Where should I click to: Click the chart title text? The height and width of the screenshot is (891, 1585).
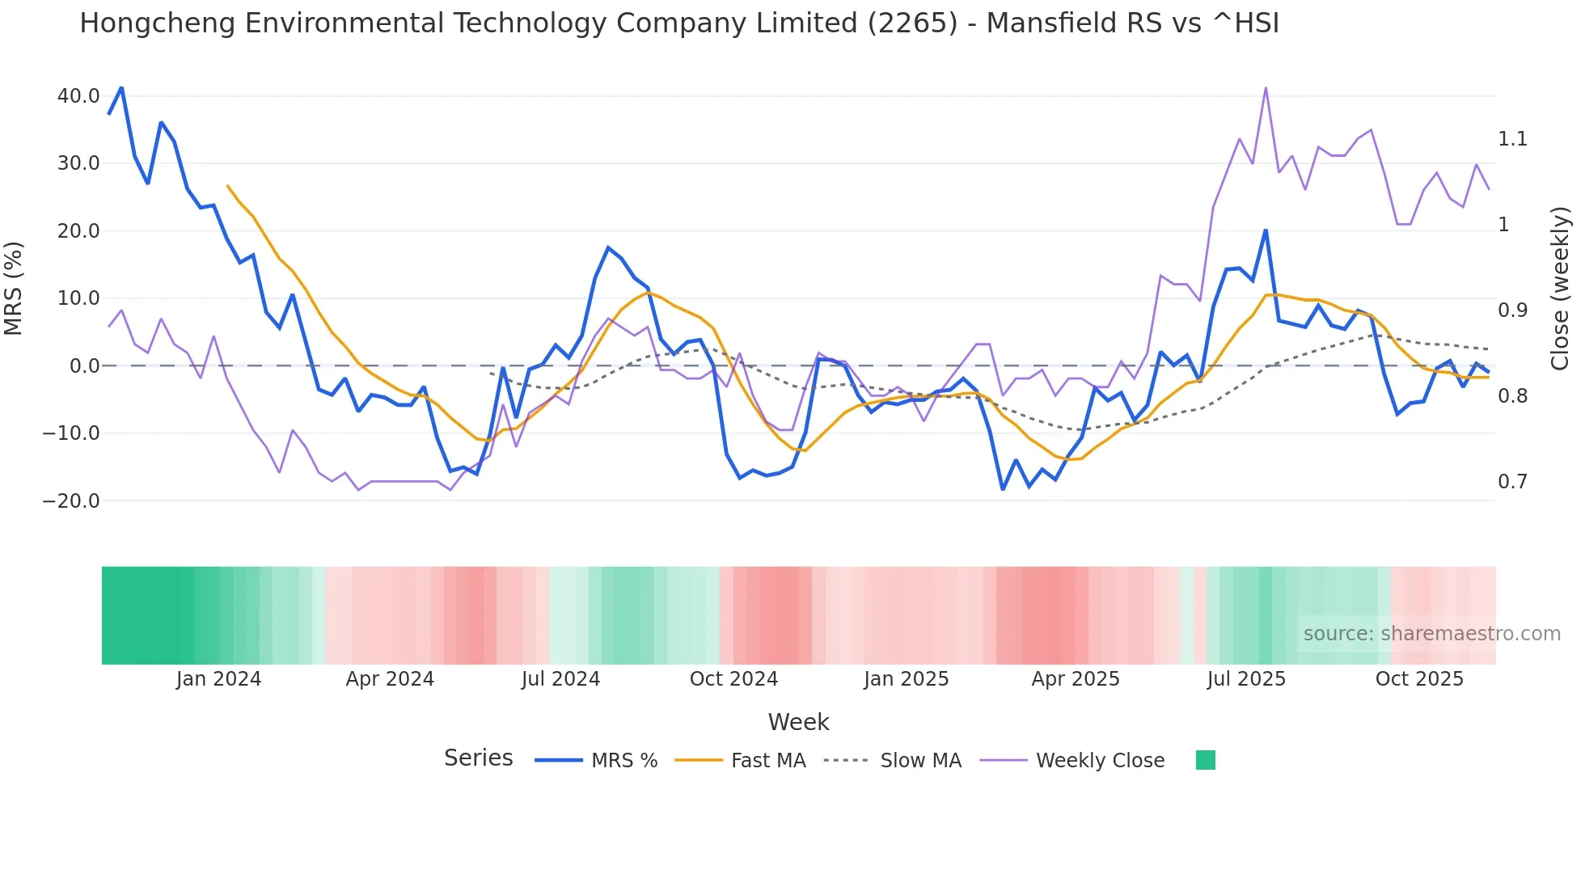tap(679, 23)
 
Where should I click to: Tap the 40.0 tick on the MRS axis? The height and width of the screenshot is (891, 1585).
tap(78, 96)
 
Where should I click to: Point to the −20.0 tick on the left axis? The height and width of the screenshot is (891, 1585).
tap(71, 501)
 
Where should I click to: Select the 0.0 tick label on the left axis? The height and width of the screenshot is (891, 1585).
tap(85, 366)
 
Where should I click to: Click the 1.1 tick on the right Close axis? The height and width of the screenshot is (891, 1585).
tap(1512, 139)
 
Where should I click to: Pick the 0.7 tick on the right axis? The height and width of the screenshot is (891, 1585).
tap(1512, 482)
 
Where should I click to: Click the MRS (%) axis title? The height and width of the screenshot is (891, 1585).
tap(14, 288)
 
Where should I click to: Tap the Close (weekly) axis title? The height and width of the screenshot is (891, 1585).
tap(1560, 288)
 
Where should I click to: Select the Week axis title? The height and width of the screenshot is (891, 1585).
tap(798, 722)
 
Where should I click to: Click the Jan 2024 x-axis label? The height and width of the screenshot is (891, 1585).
tap(218, 679)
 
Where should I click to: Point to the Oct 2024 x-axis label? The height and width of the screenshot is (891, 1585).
tap(733, 679)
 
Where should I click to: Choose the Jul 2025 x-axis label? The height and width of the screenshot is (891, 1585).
tap(1246, 679)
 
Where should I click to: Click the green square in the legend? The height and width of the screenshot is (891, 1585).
tap(1205, 760)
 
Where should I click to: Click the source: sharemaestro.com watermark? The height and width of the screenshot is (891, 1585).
tap(1431, 634)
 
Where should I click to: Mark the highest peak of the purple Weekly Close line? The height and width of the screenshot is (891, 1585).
tap(1266, 88)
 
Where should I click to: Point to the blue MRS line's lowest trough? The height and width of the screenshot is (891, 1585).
tap(1003, 489)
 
